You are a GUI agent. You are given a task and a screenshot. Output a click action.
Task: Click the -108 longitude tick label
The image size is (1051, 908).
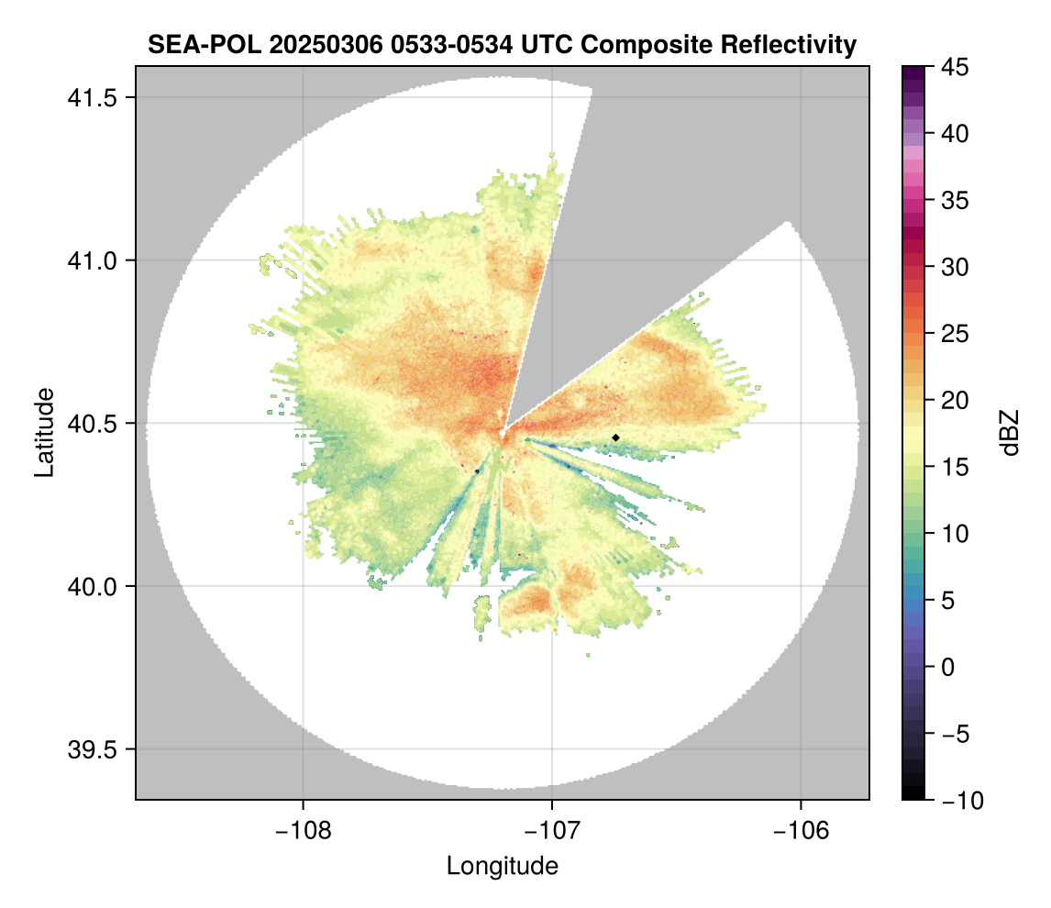point(303,831)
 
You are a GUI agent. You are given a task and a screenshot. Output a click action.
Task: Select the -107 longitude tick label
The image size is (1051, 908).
point(552,831)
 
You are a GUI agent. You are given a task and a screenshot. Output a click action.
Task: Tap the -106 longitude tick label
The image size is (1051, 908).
point(802,831)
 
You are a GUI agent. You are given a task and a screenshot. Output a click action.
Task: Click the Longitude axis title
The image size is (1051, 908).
point(502,866)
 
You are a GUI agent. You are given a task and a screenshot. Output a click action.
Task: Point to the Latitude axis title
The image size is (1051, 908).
point(43,432)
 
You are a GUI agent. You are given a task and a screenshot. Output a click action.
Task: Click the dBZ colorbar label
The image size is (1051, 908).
point(1010,433)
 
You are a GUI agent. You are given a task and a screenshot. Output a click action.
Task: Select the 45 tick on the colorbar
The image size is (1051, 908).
point(954,67)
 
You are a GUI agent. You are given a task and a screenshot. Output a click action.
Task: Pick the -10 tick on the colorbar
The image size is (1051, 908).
point(957,800)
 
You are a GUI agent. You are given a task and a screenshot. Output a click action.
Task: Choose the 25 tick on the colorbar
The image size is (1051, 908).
point(954,334)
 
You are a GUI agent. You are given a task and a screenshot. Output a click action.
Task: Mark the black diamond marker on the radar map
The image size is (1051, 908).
point(615,437)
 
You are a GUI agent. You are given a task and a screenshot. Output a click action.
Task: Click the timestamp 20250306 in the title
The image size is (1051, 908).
point(319,44)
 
